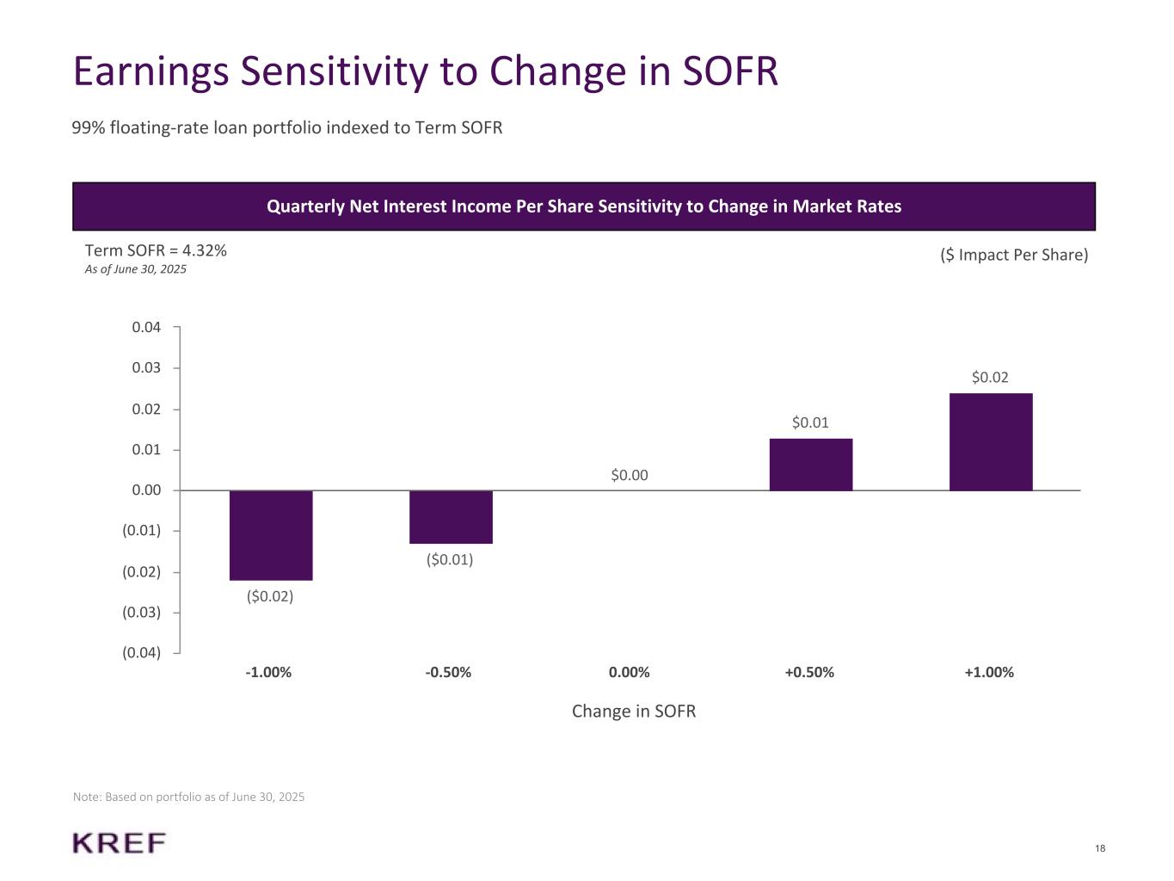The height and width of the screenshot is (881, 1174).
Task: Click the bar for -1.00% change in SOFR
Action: pyautogui.click(x=271, y=535)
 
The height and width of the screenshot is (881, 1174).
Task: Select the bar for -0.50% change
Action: pyautogui.click(x=451, y=517)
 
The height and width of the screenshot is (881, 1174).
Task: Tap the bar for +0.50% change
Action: pyautogui.click(x=810, y=465)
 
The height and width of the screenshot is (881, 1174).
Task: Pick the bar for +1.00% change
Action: pyautogui.click(x=991, y=442)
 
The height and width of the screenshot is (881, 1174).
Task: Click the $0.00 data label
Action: pyautogui.click(x=630, y=475)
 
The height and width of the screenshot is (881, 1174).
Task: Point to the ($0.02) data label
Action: pyautogui.click(x=270, y=596)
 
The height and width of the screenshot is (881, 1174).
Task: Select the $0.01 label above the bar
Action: pyautogui.click(x=810, y=422)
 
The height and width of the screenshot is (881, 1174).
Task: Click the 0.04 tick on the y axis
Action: pyautogui.click(x=146, y=327)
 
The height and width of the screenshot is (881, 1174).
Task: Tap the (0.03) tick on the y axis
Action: pyautogui.click(x=142, y=613)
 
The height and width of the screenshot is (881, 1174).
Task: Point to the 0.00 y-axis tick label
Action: pyautogui.click(x=146, y=490)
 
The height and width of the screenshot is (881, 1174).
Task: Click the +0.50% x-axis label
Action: pyautogui.click(x=809, y=673)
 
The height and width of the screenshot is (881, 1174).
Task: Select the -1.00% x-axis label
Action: pyautogui.click(x=268, y=673)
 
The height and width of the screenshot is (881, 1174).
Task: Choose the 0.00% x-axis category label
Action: pyautogui.click(x=630, y=673)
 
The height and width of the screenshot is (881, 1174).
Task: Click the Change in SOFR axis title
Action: pyautogui.click(x=634, y=712)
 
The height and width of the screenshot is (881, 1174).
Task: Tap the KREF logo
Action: pyautogui.click(x=120, y=843)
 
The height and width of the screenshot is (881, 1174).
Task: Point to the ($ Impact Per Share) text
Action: pyautogui.click(x=1014, y=255)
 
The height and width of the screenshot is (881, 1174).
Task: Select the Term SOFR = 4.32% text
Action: pyautogui.click(x=156, y=250)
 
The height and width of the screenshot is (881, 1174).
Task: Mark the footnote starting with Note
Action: pyautogui.click(x=188, y=798)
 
